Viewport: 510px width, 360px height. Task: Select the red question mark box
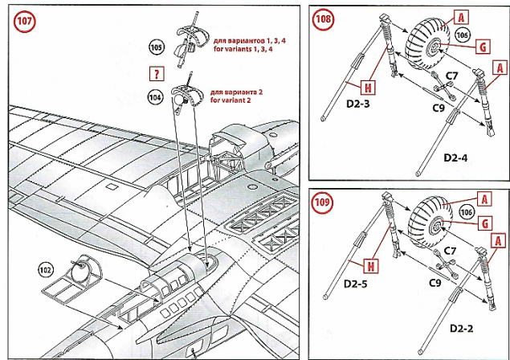(156, 74)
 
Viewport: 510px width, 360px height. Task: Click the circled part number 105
(157, 48)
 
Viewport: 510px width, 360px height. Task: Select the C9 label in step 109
(434, 282)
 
